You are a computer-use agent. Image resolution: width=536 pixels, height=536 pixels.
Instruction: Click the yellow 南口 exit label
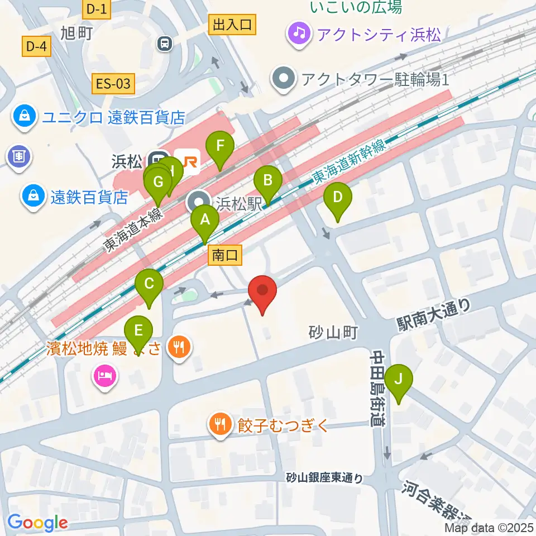[226, 255]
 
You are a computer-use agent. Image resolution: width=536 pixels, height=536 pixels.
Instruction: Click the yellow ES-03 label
[113, 84]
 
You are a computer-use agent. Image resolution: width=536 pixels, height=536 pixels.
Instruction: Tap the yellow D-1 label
[96, 8]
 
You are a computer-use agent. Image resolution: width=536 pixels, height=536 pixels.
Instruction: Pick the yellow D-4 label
[36, 47]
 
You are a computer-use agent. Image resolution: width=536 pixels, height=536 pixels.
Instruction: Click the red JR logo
[187, 161]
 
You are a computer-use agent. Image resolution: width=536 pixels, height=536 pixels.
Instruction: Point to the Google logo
[37, 523]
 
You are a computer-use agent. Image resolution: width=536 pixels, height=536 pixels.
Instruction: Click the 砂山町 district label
[333, 333]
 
